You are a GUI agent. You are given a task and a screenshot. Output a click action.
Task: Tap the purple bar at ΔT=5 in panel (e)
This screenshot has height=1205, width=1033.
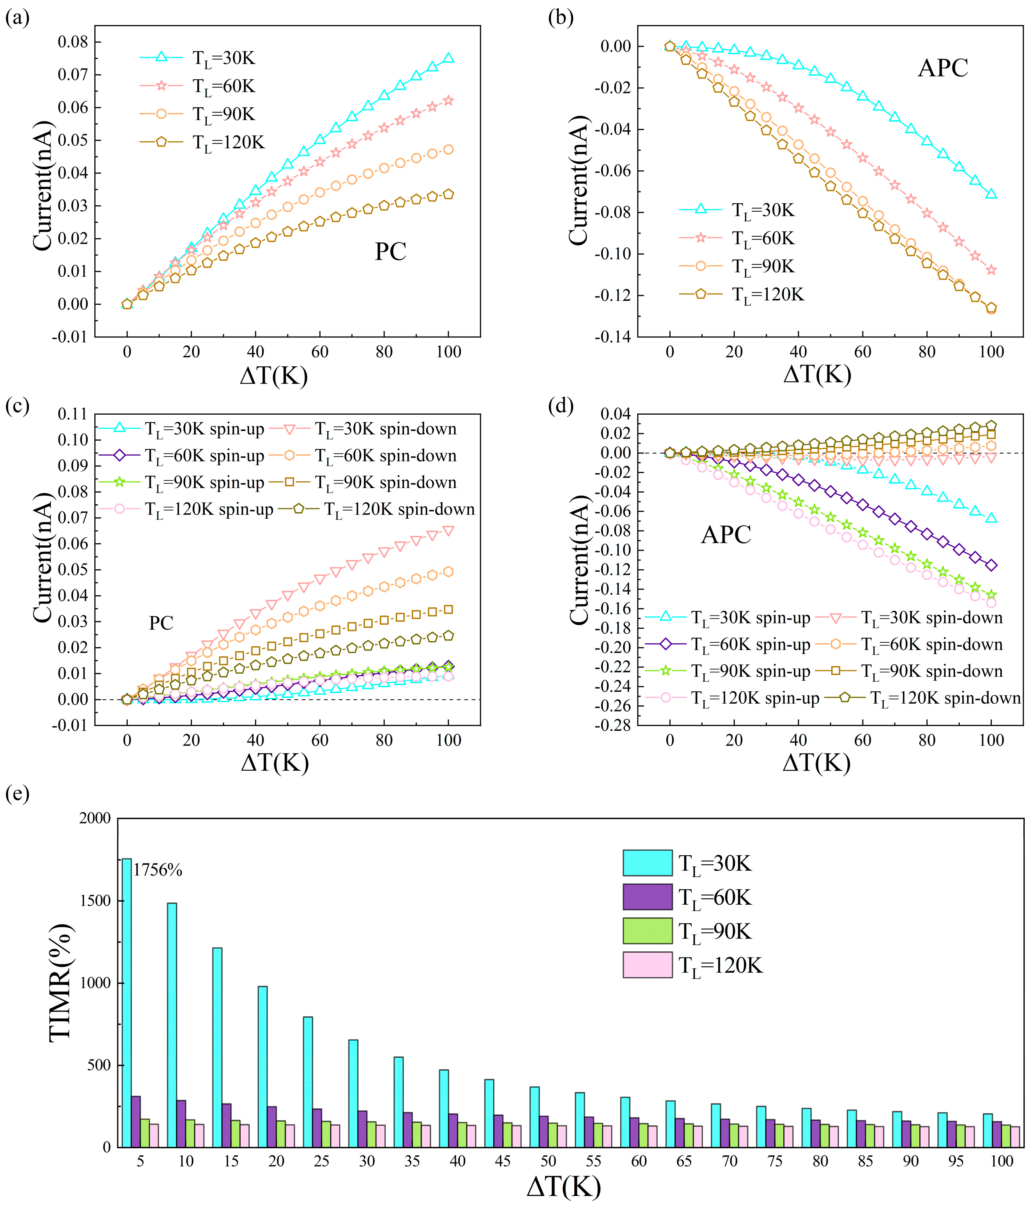click(x=136, y=1121)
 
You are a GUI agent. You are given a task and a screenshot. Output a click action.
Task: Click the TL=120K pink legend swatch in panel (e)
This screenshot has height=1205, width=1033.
click(x=647, y=965)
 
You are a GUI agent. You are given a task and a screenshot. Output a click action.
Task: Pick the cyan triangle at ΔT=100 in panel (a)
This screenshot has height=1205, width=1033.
click(x=448, y=58)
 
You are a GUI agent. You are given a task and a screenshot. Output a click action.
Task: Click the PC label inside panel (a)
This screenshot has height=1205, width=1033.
click(x=390, y=251)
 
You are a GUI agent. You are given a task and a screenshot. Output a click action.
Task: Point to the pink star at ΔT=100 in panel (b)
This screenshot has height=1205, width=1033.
click(x=991, y=270)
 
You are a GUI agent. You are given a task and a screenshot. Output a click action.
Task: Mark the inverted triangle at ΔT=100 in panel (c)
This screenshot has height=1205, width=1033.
click(x=448, y=530)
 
